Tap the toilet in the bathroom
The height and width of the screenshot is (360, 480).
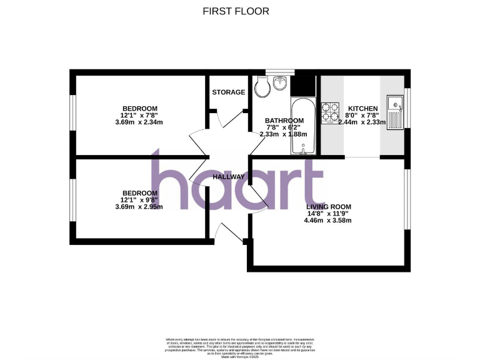click(x=261, y=87)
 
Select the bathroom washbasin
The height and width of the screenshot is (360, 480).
click(x=281, y=81)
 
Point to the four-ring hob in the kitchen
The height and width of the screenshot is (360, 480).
click(x=329, y=113)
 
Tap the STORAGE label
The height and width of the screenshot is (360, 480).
click(x=228, y=92)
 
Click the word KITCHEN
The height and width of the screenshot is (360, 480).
click(x=362, y=108)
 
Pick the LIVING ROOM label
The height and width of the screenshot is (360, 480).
click(x=328, y=207)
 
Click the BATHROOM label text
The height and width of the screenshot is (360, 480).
click(x=284, y=121)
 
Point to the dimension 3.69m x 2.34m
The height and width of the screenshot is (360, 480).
click(x=139, y=122)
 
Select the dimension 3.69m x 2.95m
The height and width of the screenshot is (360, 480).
click(x=139, y=207)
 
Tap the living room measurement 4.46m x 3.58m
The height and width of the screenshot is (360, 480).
click(x=328, y=221)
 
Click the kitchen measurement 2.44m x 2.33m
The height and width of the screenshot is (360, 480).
click(x=362, y=122)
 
